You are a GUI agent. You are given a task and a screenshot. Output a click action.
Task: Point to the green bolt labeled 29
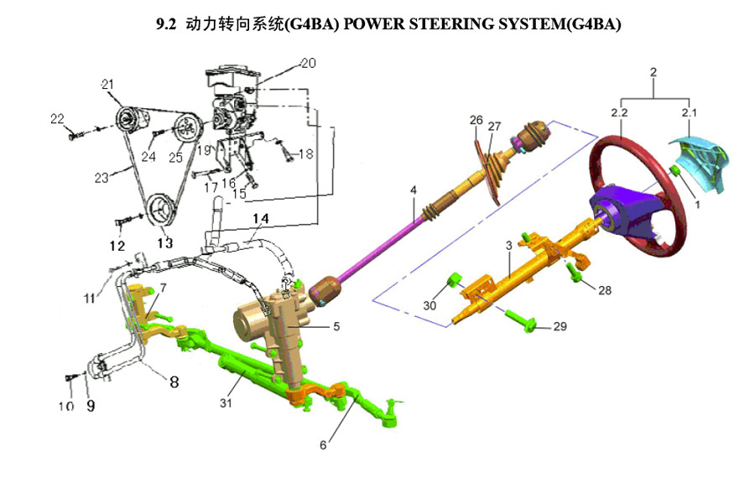(x=528, y=326)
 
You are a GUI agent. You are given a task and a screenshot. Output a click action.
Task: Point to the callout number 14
(x=262, y=219)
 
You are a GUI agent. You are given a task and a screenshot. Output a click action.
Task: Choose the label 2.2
(x=620, y=112)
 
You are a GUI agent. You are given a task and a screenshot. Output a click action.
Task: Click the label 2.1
(x=690, y=112)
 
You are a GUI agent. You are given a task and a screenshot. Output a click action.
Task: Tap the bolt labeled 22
(x=70, y=132)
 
